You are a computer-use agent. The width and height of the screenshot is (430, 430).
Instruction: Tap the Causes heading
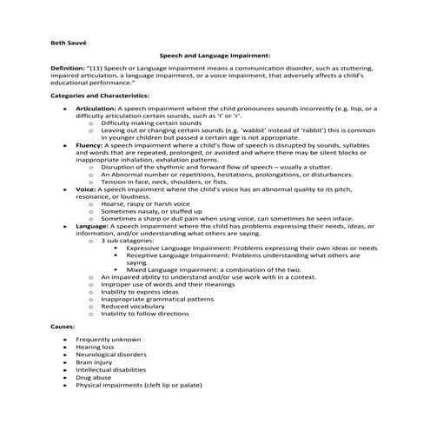pos(63,324)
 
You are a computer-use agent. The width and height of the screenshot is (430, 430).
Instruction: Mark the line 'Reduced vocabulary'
pos(132,306)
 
